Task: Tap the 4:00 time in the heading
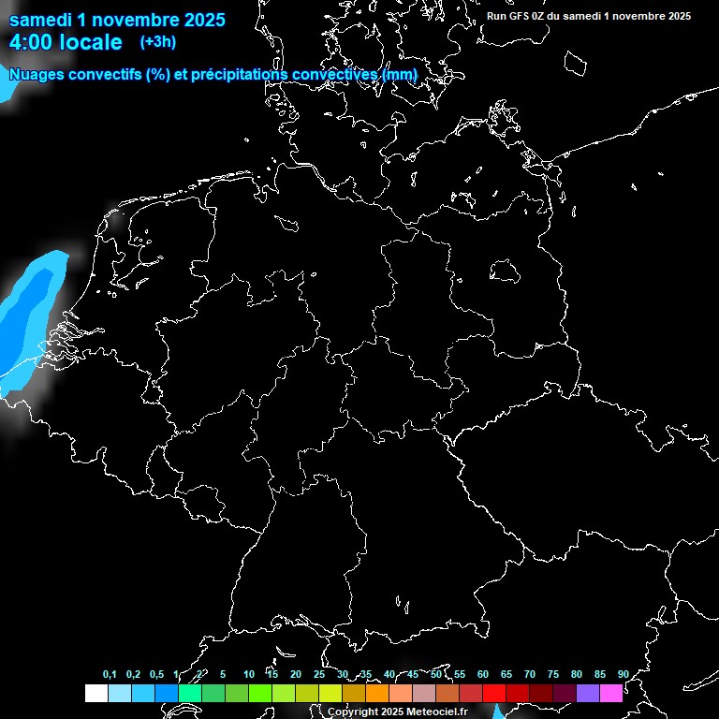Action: coord(33,42)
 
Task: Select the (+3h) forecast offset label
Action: coord(157,41)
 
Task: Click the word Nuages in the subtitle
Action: coord(36,74)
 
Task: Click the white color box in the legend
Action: coord(95,693)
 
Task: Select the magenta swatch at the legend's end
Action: coord(610,693)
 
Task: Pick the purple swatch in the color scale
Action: coord(587,693)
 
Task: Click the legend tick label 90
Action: coord(623,674)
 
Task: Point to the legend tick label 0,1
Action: coord(110,674)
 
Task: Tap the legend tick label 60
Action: coord(482,674)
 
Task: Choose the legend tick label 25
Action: coord(319,674)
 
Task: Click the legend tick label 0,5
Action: coord(156,674)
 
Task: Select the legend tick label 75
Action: coord(552,674)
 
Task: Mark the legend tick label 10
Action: coord(248,674)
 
